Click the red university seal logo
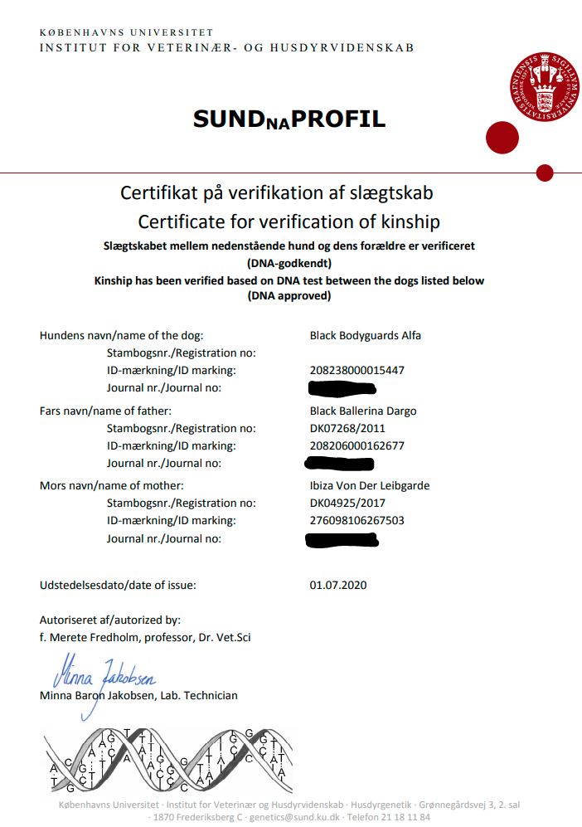545,88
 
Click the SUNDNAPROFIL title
289,119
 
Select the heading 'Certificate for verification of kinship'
289,221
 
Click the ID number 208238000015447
357,370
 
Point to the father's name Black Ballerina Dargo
363,411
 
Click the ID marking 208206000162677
357,445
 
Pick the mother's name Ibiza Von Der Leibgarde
370,485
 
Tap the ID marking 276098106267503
357,520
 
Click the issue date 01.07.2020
338,585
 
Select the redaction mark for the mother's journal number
342,541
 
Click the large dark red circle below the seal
501,137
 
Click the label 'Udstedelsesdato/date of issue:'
118,585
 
